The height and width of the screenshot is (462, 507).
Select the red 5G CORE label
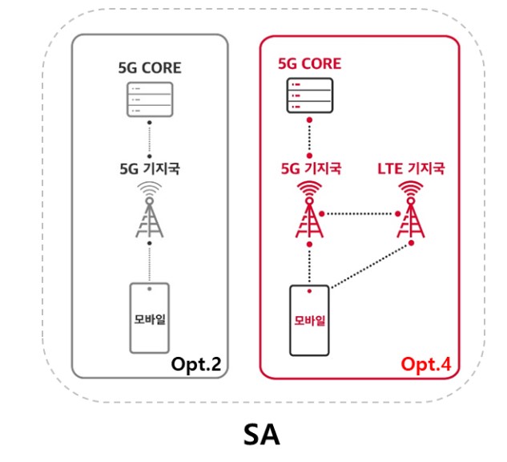tap(309, 63)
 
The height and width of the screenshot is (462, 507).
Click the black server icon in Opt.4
tap(309, 98)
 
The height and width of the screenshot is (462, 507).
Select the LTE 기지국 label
tap(410, 169)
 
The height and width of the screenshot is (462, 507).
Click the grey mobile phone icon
tap(149, 317)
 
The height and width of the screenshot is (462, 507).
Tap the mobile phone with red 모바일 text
tap(308, 320)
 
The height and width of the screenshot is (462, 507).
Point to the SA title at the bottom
tap(262, 433)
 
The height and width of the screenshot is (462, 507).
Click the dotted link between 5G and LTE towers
tap(360, 214)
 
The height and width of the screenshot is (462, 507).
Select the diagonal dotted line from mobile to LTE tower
tap(370, 265)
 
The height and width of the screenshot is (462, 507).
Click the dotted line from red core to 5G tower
tap(309, 138)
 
